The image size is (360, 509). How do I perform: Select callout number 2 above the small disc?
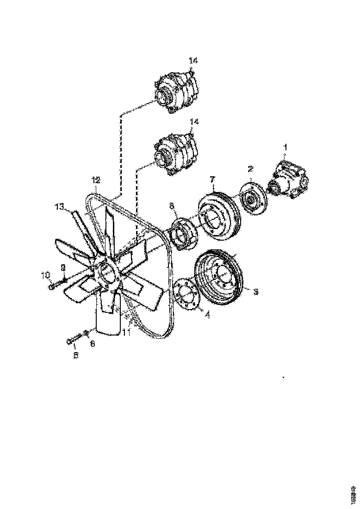pyautogui.click(x=250, y=168)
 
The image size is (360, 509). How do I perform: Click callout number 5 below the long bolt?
pyautogui.click(x=76, y=355)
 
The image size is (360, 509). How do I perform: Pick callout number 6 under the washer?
pyautogui.click(x=92, y=344)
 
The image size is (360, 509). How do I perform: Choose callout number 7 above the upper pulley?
pyautogui.click(x=212, y=179)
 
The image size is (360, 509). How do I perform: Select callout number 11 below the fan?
pyautogui.click(x=126, y=331)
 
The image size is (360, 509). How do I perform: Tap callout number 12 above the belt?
pyautogui.click(x=95, y=180)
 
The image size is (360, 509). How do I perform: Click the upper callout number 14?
pyautogui.click(x=193, y=61)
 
